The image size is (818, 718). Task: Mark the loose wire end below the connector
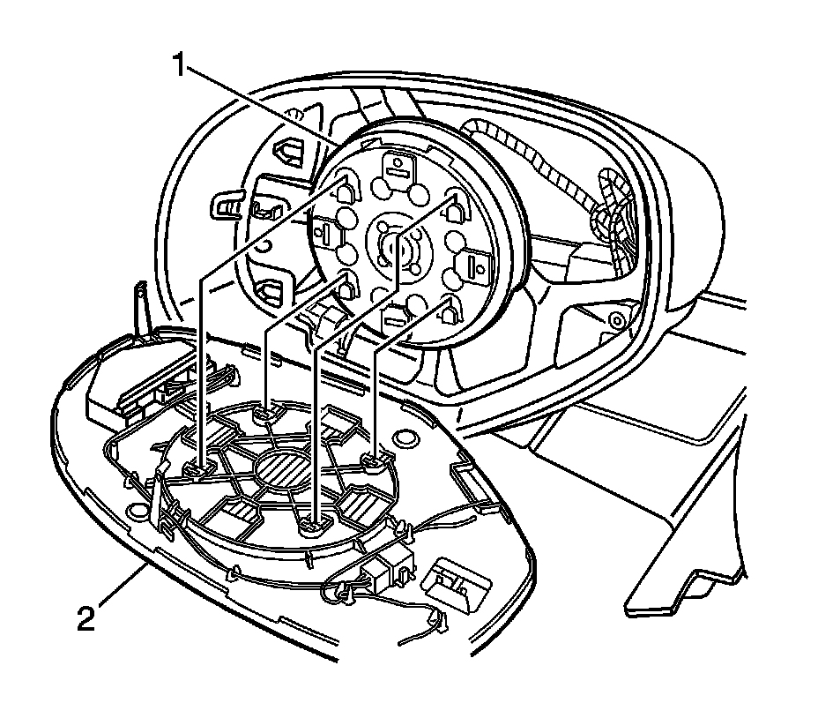tap(438, 628)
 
